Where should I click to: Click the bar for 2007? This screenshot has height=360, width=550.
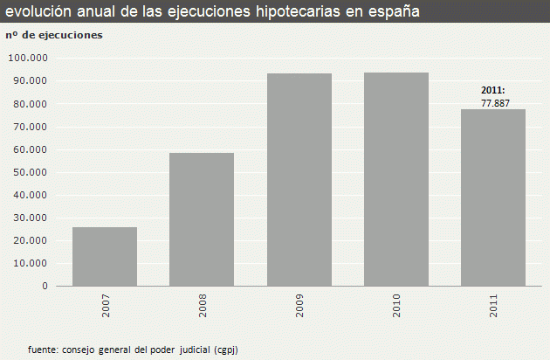tap(105, 257)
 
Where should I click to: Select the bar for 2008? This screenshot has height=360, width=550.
tap(202, 219)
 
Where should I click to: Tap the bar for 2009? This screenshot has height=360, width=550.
tap(299, 179)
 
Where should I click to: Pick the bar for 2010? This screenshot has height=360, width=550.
tap(396, 179)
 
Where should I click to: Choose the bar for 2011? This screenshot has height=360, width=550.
tap(493, 197)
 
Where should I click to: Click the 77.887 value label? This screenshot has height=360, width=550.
tap(493, 103)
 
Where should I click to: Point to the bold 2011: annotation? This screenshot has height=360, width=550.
tap(493, 91)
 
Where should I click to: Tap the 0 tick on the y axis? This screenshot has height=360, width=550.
tap(45, 286)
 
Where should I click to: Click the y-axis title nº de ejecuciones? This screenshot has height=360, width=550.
tap(53, 35)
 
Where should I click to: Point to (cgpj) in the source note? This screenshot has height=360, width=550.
tap(225, 349)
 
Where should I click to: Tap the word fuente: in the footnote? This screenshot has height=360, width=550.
tap(45, 349)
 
